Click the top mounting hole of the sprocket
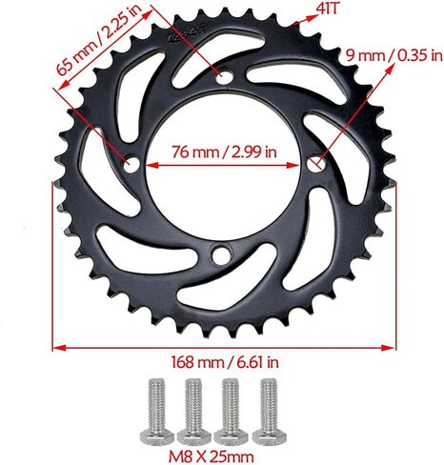[x=223, y=73]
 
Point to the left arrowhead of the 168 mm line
[x=58, y=348]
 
